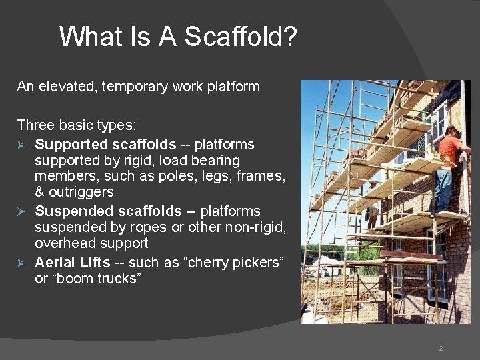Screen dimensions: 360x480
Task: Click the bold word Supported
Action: pos(71,145)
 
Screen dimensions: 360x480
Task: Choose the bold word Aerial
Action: pos(55,263)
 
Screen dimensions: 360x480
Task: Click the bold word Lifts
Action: pos(96,263)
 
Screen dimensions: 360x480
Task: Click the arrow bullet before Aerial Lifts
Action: pos(22,263)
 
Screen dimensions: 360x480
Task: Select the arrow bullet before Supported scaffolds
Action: pos(22,145)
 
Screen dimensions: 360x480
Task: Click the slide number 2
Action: pos(441,349)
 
